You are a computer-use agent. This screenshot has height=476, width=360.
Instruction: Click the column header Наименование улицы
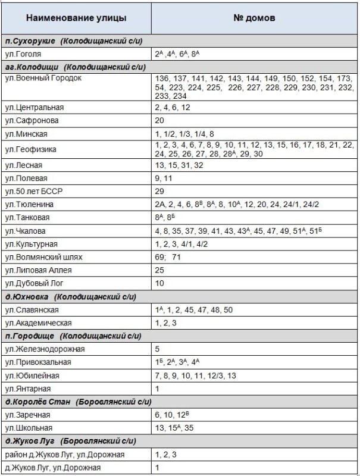coord(76,17)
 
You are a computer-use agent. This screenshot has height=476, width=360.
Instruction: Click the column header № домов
coord(254,17)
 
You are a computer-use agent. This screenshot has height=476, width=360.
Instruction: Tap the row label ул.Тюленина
coord(29,204)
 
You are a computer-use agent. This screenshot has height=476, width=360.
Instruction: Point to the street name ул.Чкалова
coord(26,231)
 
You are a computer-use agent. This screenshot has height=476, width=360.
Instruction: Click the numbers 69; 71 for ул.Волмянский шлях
coord(168,258)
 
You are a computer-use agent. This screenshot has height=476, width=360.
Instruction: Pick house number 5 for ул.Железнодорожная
coord(158,349)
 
